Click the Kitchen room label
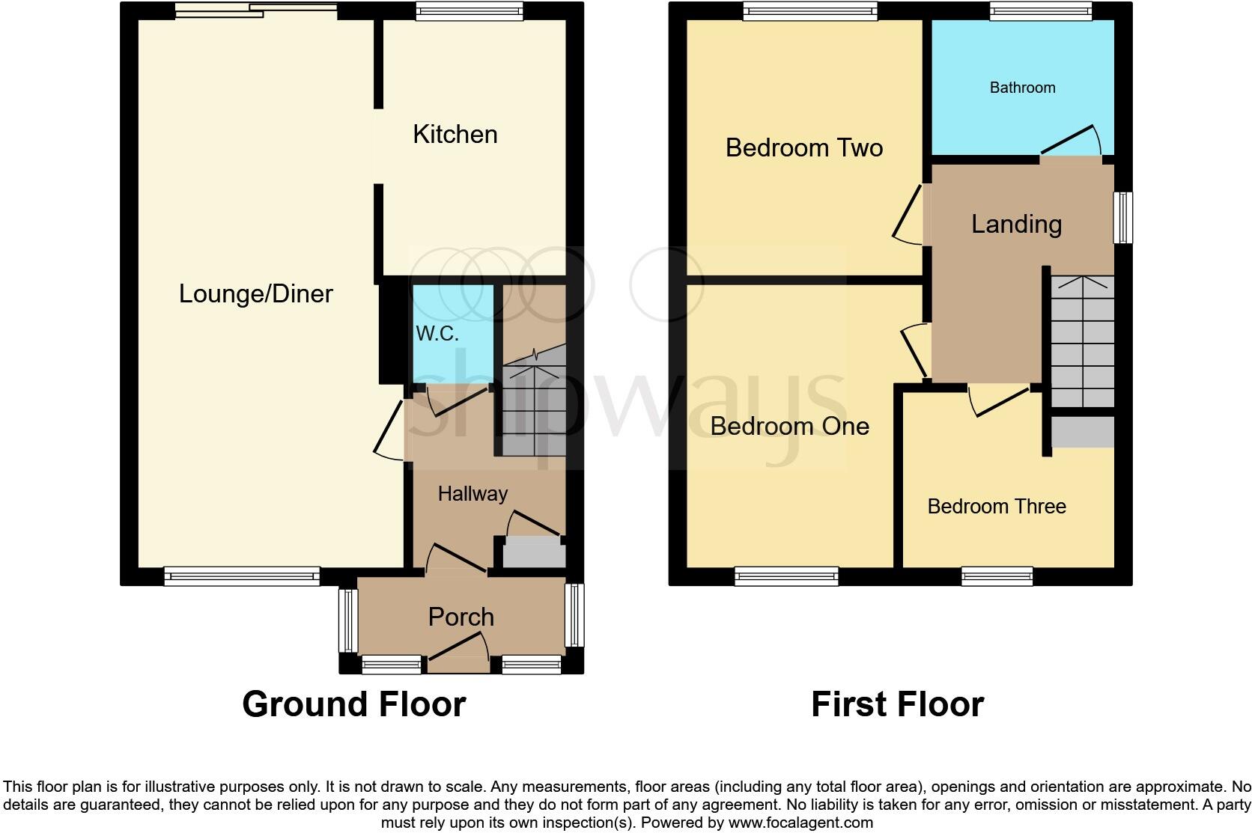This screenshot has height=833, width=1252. [x=455, y=135]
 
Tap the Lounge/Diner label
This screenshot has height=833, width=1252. [x=255, y=293]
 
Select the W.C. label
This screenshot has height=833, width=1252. [x=437, y=334]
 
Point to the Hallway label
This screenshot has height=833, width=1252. [x=472, y=494]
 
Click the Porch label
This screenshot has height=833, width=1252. [x=461, y=617]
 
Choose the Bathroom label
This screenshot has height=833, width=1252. [x=1022, y=88]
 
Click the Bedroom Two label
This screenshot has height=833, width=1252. [x=803, y=147]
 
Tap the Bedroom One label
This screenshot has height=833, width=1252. [x=789, y=427]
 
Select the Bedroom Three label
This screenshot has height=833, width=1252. [x=996, y=507]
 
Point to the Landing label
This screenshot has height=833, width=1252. [x=1016, y=225]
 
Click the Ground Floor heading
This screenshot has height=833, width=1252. [x=353, y=704]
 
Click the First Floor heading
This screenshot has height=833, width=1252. [x=897, y=704]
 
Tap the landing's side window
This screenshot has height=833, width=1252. [x=1122, y=217]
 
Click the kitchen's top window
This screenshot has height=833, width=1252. [x=469, y=10]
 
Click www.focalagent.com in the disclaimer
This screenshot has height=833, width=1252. [x=800, y=823]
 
